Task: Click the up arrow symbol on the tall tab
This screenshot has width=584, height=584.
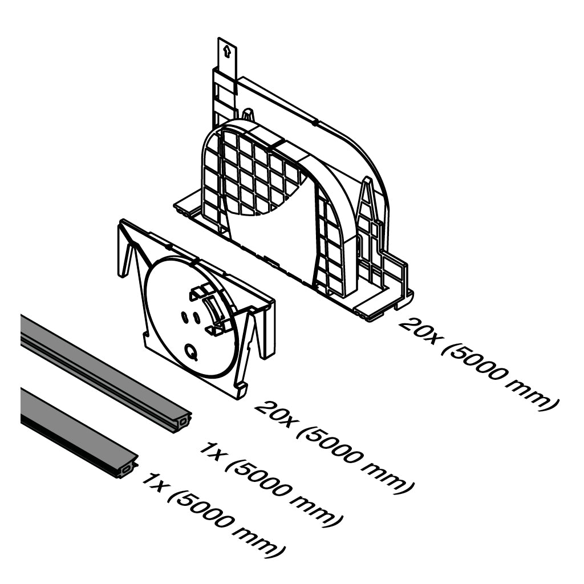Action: (226, 52)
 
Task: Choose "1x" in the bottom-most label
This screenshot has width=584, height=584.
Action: (154, 484)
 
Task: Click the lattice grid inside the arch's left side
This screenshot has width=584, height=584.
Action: (240, 171)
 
